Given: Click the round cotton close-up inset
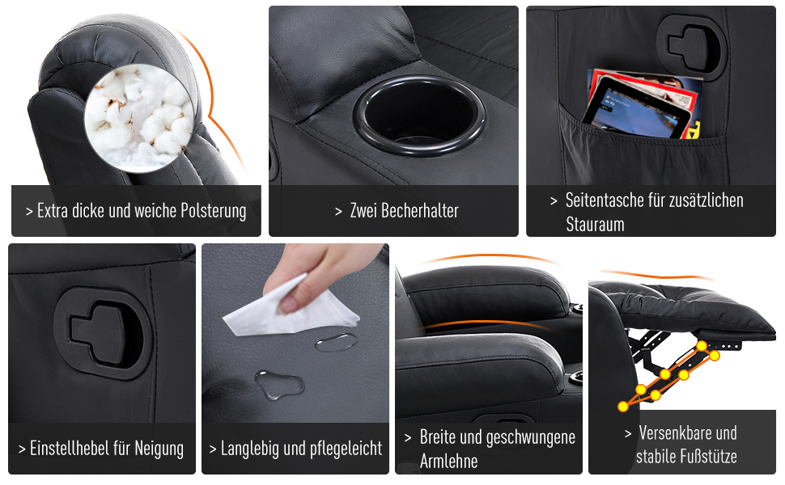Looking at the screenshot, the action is tap(138, 118).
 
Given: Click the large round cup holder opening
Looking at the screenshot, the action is tap(419, 116).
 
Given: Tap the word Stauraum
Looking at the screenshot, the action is tap(596, 225).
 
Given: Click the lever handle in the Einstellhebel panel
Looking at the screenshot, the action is tap(103, 333).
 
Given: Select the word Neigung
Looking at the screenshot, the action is tap(159, 449).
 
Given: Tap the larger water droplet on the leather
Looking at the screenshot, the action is tap(279, 385).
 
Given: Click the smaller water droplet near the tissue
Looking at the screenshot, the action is tap(337, 343).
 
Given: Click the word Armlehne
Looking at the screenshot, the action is tap(448, 461).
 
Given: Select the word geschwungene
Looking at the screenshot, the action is tap(530, 437).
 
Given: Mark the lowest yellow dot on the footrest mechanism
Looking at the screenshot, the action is tap(623, 407).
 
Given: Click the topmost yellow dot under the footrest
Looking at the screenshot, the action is tap(702, 346).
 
